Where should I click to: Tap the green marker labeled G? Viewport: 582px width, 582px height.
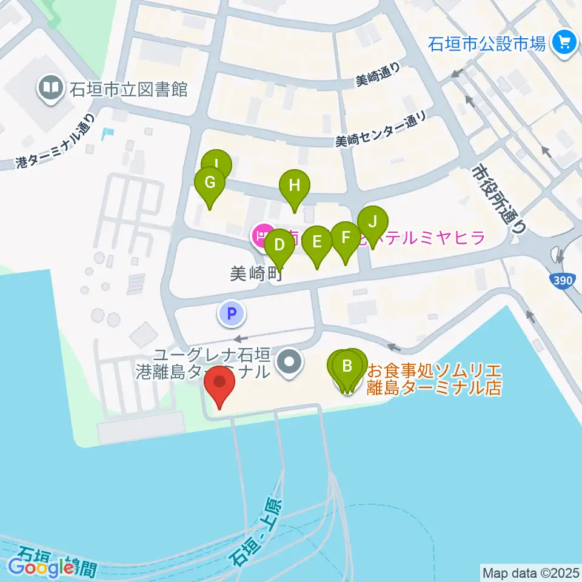(210, 182)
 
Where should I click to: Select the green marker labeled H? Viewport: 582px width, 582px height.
(294, 185)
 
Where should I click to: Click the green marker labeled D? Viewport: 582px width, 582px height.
(279, 245)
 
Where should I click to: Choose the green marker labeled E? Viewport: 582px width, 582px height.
(316, 242)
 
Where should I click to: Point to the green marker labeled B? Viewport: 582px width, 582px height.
(347, 366)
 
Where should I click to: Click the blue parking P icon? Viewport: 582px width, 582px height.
(230, 313)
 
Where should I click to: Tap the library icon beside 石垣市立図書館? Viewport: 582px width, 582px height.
(51, 89)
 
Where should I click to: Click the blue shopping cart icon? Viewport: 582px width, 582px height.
(565, 42)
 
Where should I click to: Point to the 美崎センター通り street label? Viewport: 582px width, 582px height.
(381, 132)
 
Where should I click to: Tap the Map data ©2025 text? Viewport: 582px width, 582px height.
(531, 572)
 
